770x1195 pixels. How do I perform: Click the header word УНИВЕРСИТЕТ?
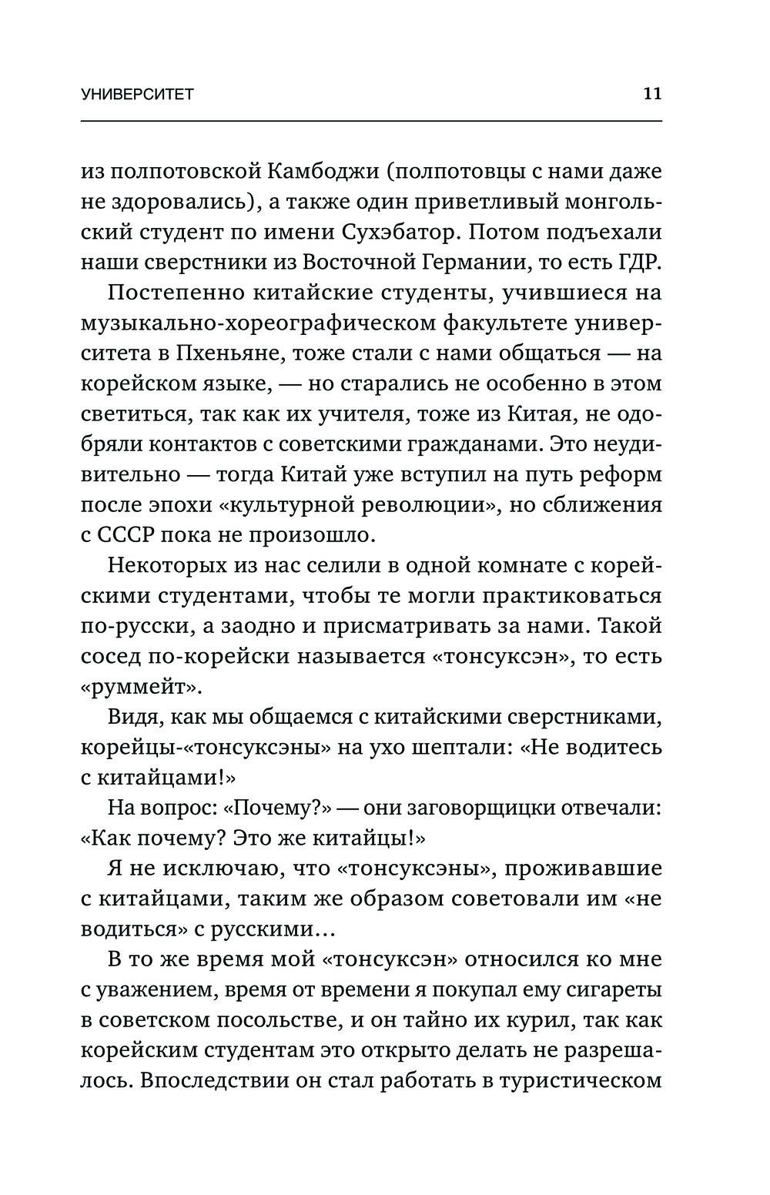tap(137, 95)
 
